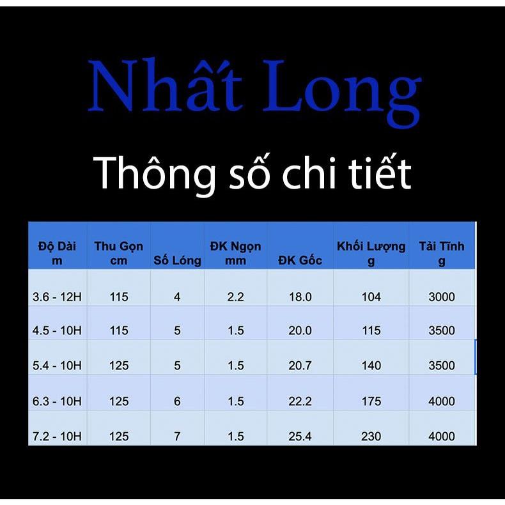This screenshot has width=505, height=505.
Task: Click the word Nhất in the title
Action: pos(165,88)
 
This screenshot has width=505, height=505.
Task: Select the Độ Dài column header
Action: pos(57,252)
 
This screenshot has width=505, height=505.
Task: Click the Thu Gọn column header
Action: pos(119,252)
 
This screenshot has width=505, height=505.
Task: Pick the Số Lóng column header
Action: pos(177,260)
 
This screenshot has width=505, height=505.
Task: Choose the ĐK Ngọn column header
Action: pos(235,252)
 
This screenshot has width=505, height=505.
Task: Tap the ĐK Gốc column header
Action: pos(300,260)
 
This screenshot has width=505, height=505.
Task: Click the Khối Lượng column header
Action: pos(371,252)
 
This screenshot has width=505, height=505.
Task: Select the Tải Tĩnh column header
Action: pos(442,252)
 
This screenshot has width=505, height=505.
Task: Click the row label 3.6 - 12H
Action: pos(57,297)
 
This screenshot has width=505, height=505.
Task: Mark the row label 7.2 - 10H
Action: pos(57,437)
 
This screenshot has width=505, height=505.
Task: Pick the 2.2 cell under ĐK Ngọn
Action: pos(235,297)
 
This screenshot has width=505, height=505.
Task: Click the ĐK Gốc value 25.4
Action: pos(300,437)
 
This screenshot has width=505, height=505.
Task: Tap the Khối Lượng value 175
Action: pos(371,401)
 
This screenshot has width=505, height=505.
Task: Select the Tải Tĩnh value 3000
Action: pos(442,297)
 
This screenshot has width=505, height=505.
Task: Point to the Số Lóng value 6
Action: pos(177,401)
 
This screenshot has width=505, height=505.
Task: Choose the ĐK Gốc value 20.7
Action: pos(300,366)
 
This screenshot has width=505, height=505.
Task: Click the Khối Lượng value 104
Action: pos(371,297)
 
